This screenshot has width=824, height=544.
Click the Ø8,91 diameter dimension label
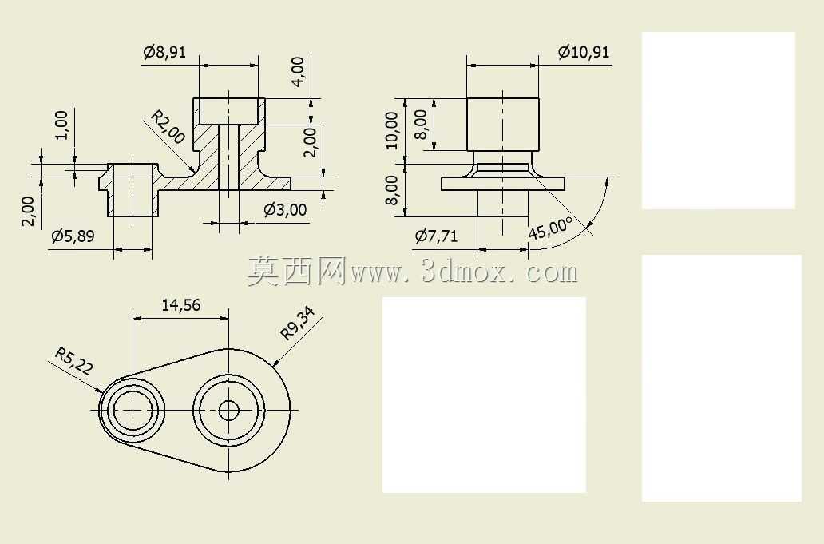pos(164,52)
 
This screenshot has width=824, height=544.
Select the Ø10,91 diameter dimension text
pos(584,52)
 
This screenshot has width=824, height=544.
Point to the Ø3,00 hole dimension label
pos(285,210)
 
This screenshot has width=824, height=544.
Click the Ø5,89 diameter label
pos(73,236)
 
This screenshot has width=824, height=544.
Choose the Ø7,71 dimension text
pos(436,236)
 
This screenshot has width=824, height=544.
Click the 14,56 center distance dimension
pos(180,305)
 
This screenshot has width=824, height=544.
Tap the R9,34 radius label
pos(298,324)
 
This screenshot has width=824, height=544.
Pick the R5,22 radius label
pos(74,360)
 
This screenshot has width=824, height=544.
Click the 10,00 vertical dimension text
pos(392,130)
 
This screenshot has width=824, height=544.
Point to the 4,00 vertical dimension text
pos(298,71)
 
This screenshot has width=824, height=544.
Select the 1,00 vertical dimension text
pos(61,125)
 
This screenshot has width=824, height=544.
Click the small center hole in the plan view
pos(228,410)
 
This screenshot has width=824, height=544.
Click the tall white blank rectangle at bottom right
pos(722,378)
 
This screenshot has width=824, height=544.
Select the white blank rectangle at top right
pos(719,121)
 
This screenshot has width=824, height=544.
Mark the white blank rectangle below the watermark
pos(484,395)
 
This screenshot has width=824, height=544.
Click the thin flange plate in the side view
pos(503,184)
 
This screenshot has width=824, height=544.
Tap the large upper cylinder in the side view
pos(503,124)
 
